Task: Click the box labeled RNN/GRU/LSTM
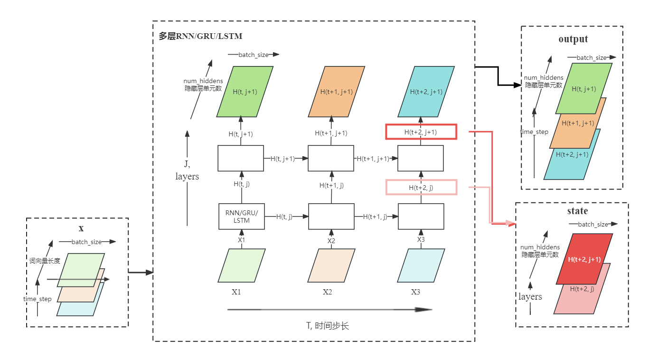coord(241,217)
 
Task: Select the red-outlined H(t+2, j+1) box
coord(421,132)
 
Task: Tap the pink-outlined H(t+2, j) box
coord(421,188)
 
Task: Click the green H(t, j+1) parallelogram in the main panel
coord(245,92)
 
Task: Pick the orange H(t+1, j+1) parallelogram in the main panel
coord(337,92)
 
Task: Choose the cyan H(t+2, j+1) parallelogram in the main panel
coord(426,92)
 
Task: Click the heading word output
coord(573,39)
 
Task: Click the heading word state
coord(577,211)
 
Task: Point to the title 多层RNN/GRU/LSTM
coord(201,36)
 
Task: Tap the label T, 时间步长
coord(328,326)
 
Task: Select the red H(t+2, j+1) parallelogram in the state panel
coord(584,259)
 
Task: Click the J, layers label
coord(187,171)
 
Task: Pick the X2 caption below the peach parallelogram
coord(327,292)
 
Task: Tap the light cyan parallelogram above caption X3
coord(421,265)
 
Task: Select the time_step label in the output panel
coord(534,132)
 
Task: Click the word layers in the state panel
coord(530,297)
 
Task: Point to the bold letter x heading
coord(81,228)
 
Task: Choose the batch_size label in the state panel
coord(593,224)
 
